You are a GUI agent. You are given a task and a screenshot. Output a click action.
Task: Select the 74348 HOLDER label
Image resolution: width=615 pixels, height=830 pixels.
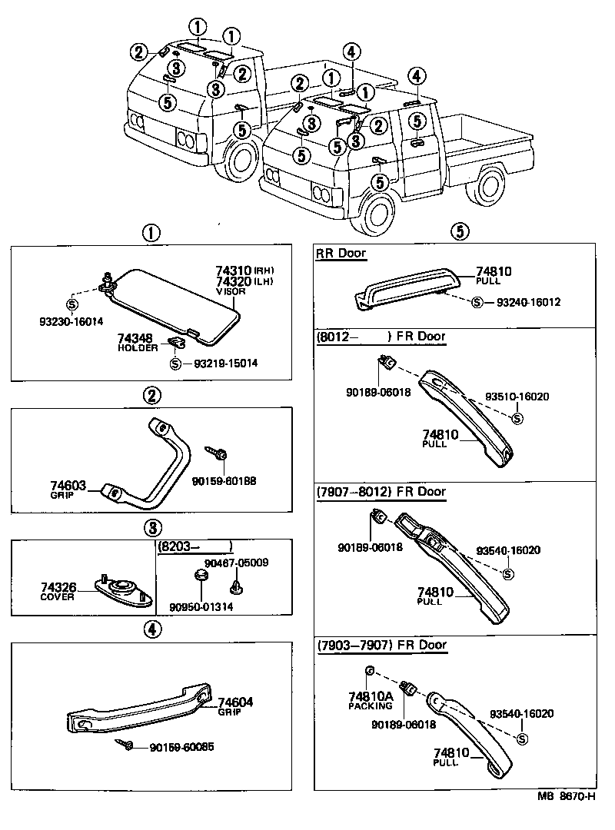coord(138,342)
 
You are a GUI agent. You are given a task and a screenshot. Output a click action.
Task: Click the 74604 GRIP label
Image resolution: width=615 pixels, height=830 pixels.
coord(235,705)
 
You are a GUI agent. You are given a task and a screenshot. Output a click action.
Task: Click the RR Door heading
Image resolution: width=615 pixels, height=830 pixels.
coord(341,253)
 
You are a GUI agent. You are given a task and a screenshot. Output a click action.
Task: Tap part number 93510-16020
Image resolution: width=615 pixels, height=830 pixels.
coord(517,397)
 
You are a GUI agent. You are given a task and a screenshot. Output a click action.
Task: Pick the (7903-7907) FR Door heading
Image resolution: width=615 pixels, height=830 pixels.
coord(381,645)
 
